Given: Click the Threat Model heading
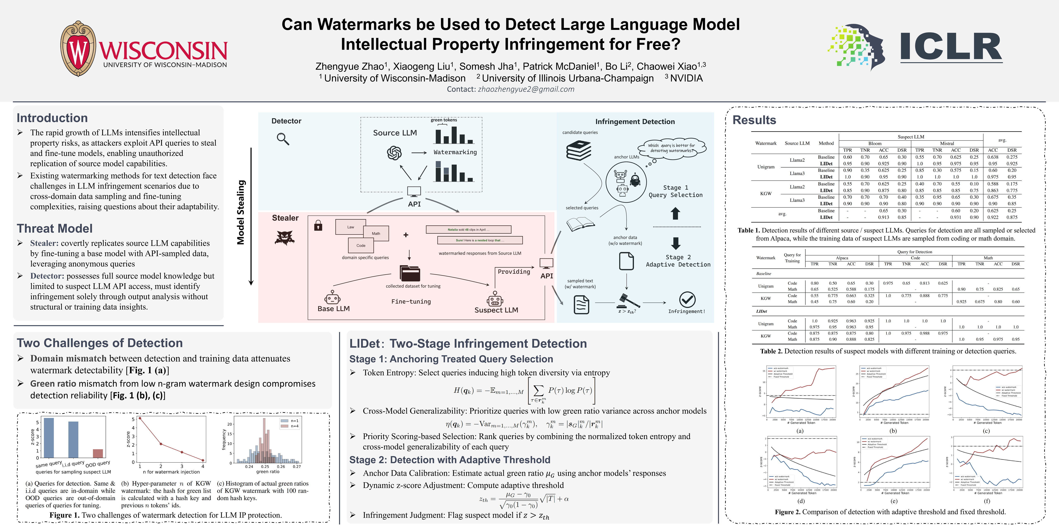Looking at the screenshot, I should pos(55,228).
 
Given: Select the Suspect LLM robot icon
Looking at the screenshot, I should pos(495,299).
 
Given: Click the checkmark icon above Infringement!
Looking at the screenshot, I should pos(687,300).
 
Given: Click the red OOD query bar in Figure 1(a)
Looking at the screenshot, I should pos(98,453).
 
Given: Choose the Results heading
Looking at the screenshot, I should pos(754,120).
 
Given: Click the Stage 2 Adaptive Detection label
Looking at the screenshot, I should pos(678,261).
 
